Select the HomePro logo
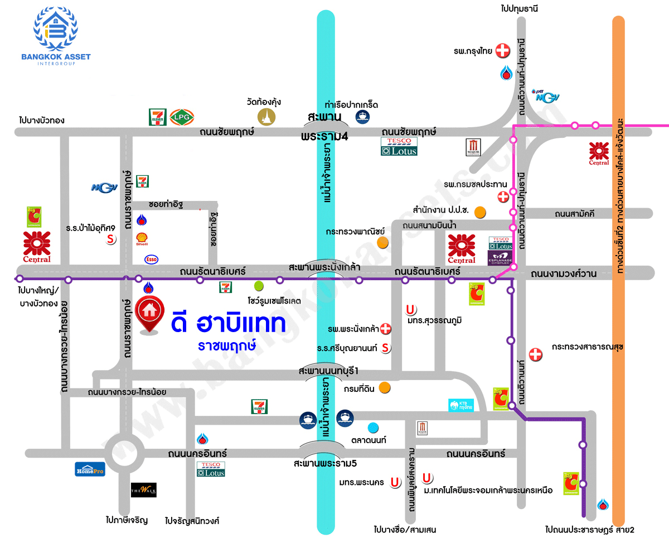pos(90,469)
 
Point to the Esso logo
pos(151,260)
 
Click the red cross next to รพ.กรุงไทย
pos(503,51)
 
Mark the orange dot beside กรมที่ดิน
pos(384,387)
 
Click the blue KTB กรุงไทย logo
pos(461,405)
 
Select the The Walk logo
pos(143,489)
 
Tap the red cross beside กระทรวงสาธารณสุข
pos(535,354)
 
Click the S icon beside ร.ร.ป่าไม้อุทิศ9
pos(111,239)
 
